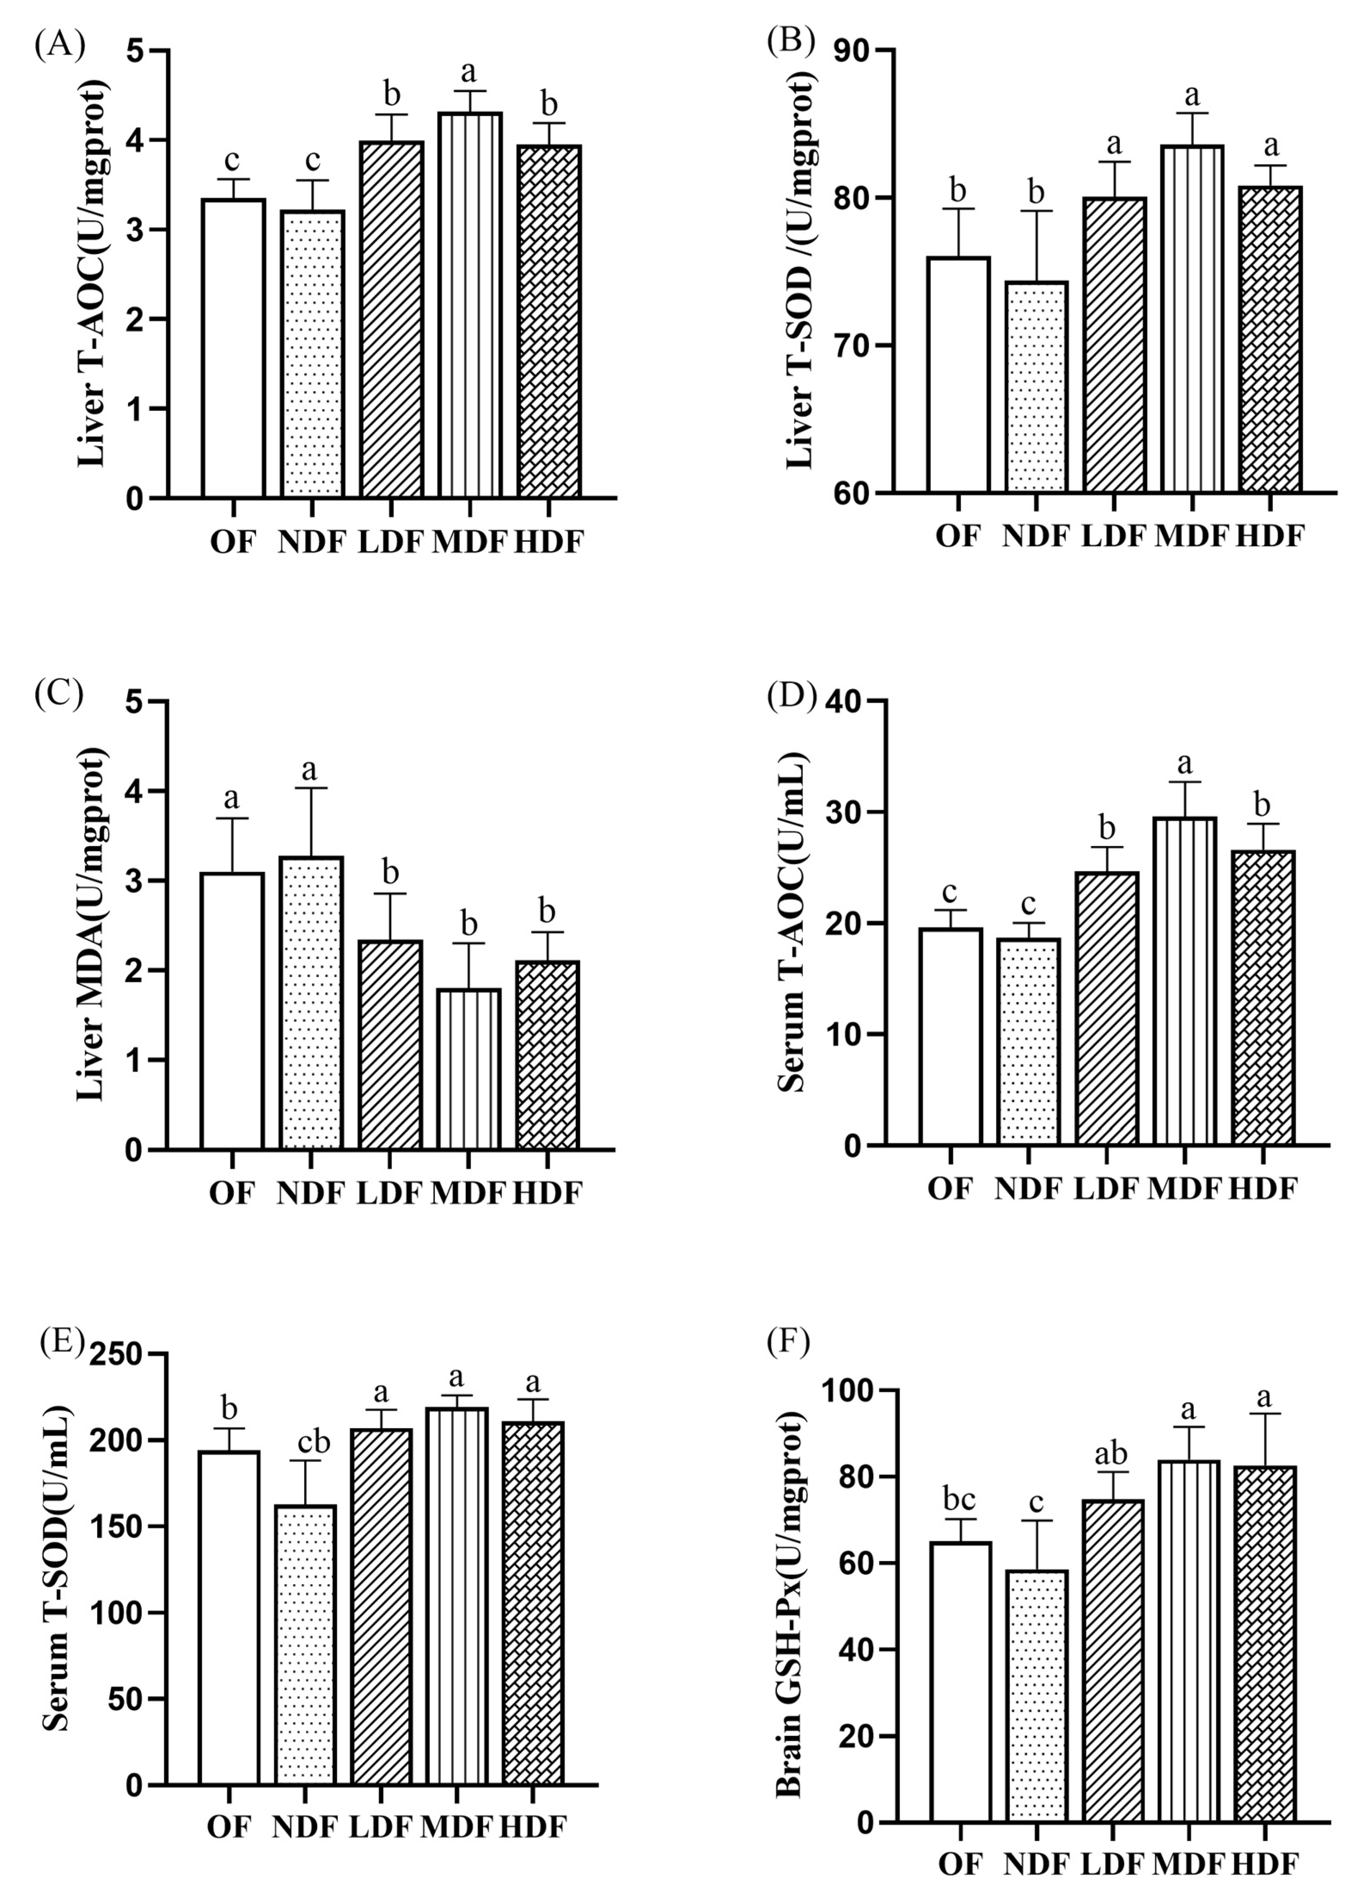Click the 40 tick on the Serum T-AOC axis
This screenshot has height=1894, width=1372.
pyautogui.click(x=843, y=702)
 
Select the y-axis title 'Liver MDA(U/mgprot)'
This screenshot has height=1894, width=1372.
pyautogui.click(x=92, y=925)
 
